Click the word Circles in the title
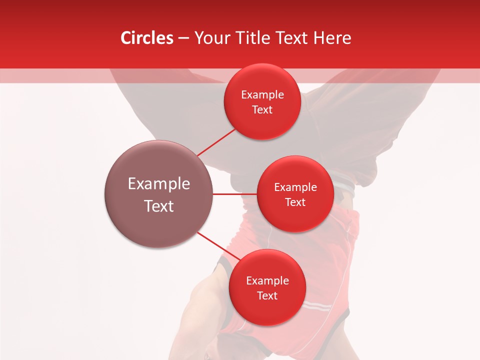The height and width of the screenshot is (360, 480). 146,38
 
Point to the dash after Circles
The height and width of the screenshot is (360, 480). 183,38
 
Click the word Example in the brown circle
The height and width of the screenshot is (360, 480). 159,184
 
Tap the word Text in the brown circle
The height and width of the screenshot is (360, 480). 159,206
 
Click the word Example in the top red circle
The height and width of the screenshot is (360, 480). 262,95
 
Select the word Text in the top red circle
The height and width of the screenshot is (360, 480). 262,110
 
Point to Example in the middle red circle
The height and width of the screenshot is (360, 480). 295,187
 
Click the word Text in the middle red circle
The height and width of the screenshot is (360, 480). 295,202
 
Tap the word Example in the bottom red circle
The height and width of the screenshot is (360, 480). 267,281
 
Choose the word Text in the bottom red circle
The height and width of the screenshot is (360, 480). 267,296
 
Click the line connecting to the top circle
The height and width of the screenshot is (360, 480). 215,142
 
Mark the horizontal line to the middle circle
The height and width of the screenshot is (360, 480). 234,193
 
